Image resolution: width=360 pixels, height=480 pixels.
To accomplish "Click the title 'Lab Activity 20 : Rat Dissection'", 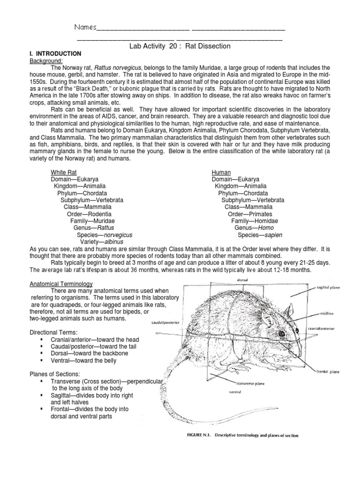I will click(x=180, y=46).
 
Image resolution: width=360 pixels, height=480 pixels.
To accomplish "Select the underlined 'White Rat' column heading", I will click(x=63, y=172).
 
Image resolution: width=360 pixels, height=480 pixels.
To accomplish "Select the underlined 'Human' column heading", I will click(x=221, y=172).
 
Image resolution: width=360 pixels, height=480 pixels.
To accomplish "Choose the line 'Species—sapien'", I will click(x=260, y=235).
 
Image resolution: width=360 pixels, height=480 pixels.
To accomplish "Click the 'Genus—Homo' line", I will click(x=254, y=228).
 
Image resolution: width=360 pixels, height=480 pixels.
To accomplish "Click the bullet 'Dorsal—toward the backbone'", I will click(x=86, y=354).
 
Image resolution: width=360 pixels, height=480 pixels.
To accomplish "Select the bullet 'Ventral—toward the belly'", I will click(x=83, y=361).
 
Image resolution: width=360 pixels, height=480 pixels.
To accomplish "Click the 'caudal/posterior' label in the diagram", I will click(x=166, y=323).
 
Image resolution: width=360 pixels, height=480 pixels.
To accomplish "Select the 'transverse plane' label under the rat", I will click(x=243, y=382).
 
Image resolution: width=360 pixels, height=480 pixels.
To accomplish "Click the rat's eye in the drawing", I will click(x=281, y=334).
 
